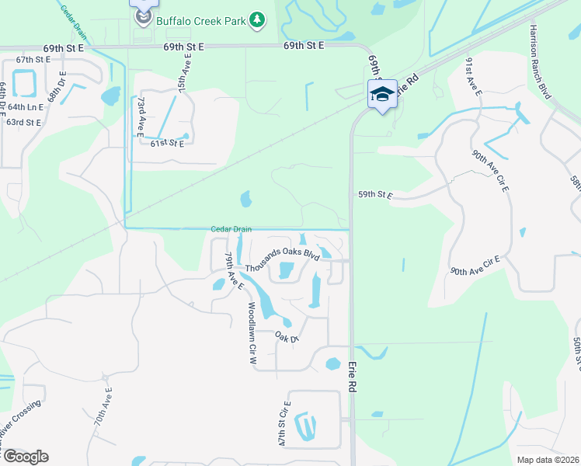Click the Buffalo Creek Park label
(x=202, y=19)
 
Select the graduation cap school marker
(x=381, y=95)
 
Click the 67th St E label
(x=33, y=59)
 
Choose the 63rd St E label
(x=23, y=122)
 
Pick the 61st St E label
(x=167, y=144)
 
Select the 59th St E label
(x=376, y=195)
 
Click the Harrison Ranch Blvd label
(x=541, y=61)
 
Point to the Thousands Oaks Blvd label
(x=283, y=259)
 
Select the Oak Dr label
(x=287, y=337)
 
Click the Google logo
(x=26, y=457)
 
